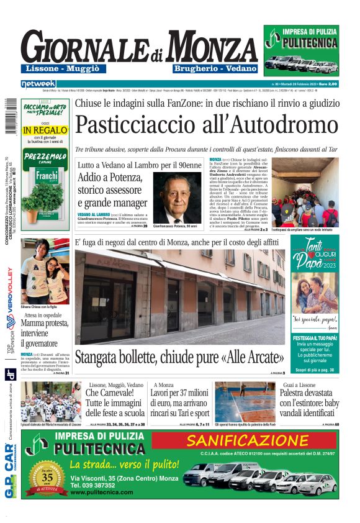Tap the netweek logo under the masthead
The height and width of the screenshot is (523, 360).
pos(38,83)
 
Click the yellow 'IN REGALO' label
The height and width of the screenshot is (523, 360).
pos(45,130)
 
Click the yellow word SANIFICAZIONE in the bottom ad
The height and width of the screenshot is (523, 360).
pos(256,441)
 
